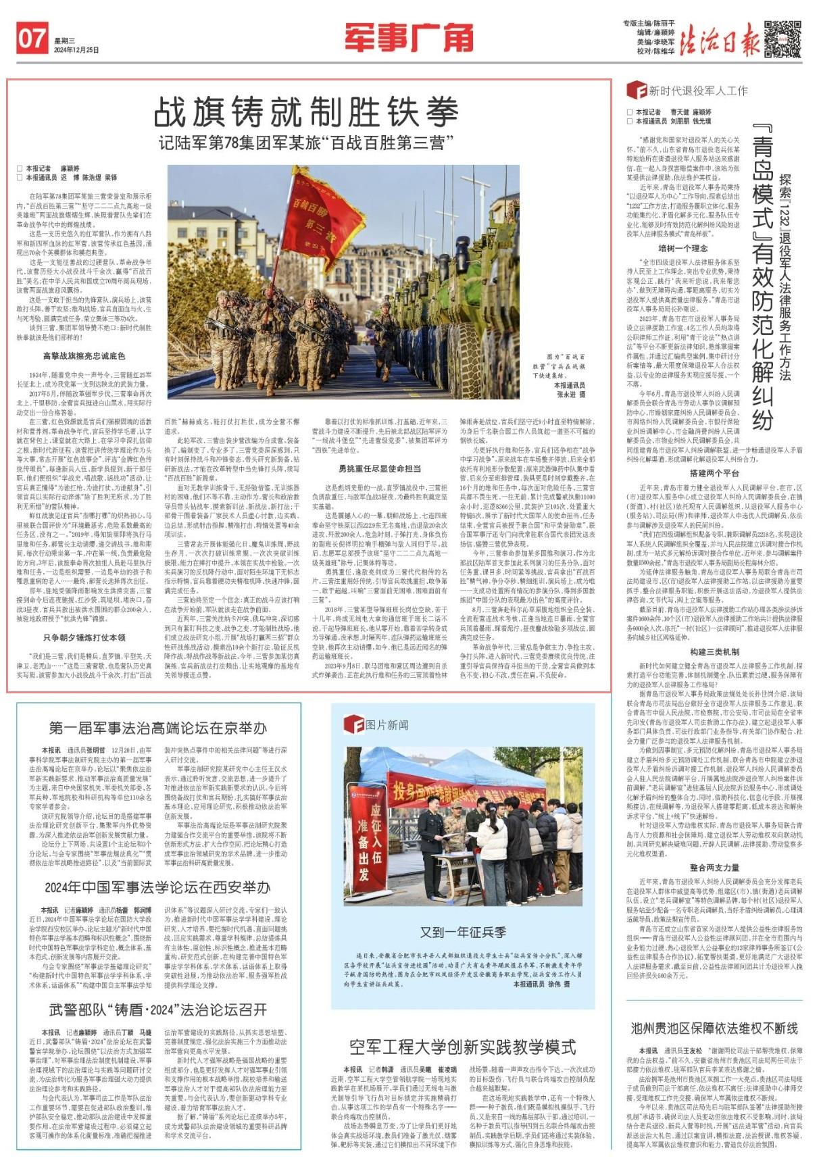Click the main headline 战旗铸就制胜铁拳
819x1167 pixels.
tap(306, 112)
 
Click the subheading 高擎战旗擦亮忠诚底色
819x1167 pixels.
tap(84, 356)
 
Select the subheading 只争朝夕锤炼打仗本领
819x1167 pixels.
tap(84, 637)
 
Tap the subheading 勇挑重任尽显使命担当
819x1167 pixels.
tap(380, 449)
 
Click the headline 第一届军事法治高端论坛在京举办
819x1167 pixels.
tap(157, 728)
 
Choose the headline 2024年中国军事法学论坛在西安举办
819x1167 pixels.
tap(157, 887)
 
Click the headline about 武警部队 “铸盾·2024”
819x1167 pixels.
tap(157, 1010)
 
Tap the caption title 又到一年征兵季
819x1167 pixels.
tap(463, 932)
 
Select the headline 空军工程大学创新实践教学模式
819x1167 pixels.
tap(463, 1047)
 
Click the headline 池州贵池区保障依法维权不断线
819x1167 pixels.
tap(714, 1028)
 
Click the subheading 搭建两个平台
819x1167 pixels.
tap(714, 474)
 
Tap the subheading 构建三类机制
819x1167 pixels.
tap(714, 651)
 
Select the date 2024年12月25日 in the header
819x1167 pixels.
tap(76, 50)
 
